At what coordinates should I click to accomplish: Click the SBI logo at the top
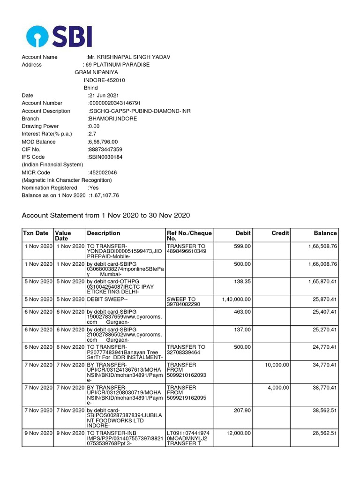59,36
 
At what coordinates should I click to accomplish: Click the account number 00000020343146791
115,103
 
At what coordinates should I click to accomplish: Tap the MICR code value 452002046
103,172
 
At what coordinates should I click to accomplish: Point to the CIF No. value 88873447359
105,150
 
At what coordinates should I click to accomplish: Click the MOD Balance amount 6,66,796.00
103,142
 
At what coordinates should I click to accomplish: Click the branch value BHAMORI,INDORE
112,119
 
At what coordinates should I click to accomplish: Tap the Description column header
104,233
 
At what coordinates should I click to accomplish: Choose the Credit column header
280,233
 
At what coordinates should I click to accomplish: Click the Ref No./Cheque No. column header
189,236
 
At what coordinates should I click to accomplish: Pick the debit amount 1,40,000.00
236,299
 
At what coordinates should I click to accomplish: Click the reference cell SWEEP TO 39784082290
184,301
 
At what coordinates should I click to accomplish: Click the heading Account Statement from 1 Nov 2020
106,215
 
